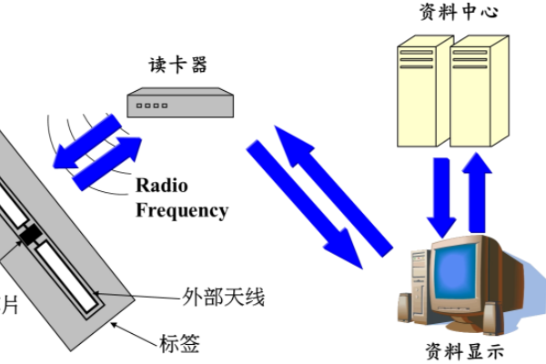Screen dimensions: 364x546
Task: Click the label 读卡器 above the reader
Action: (177, 65)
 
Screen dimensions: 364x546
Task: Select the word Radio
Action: (162, 187)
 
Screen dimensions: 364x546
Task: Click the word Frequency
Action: (182, 210)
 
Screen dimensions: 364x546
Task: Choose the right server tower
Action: (478, 91)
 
